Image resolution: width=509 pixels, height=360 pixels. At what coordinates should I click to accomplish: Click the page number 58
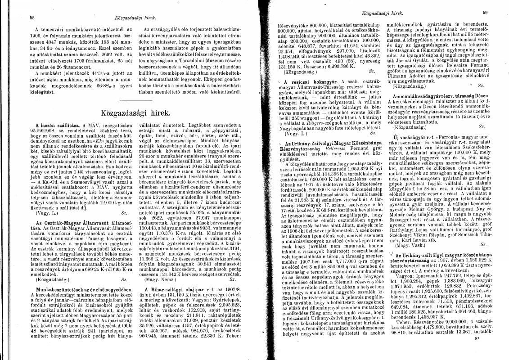[32, 18]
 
